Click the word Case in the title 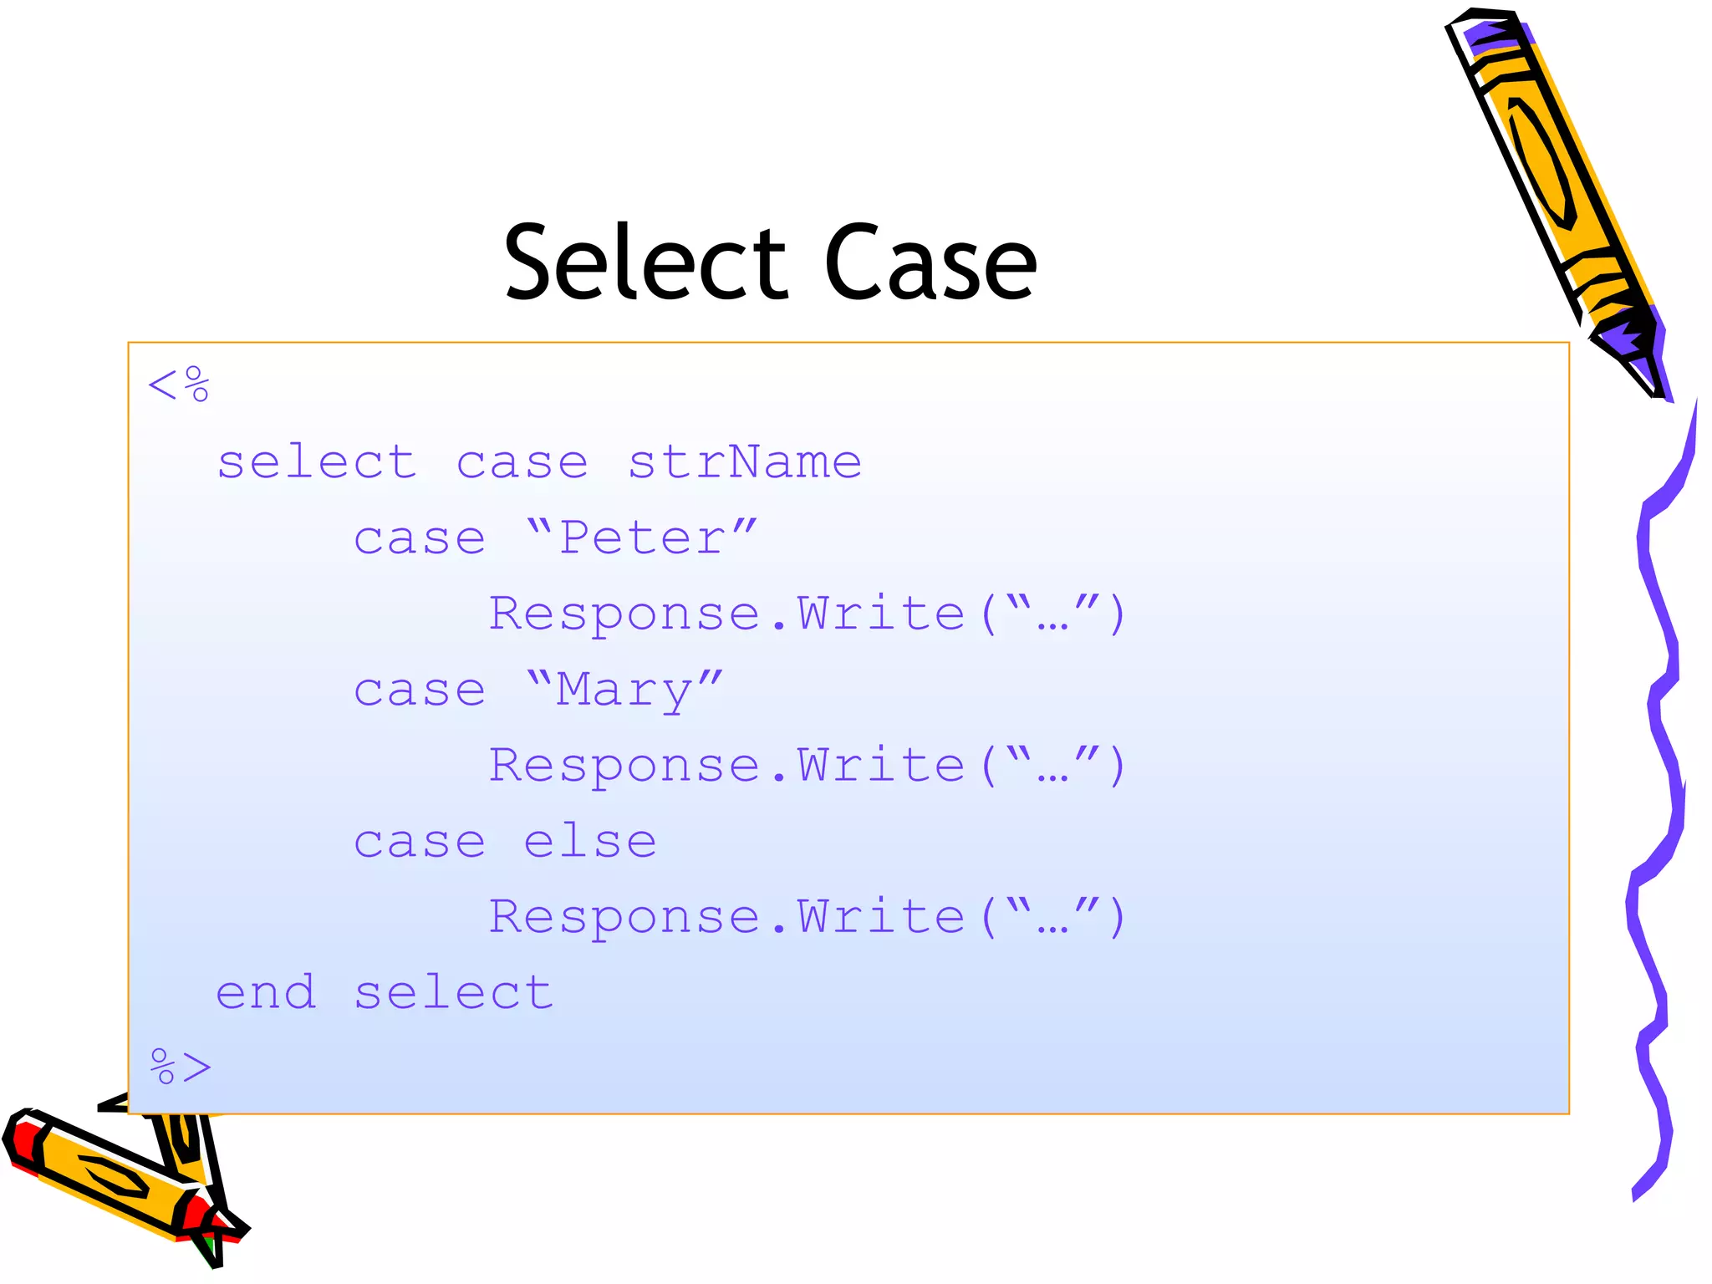click(930, 263)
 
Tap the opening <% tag click(178, 385)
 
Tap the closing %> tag click(181, 1067)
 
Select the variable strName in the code click(744, 462)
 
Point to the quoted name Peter click(642, 538)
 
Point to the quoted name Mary click(624, 690)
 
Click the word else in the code click(590, 841)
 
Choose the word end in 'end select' click(266, 992)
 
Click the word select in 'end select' click(453, 992)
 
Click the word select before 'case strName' click(317, 462)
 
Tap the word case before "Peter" click(420, 538)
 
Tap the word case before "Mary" click(420, 690)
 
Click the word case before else click(420, 841)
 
